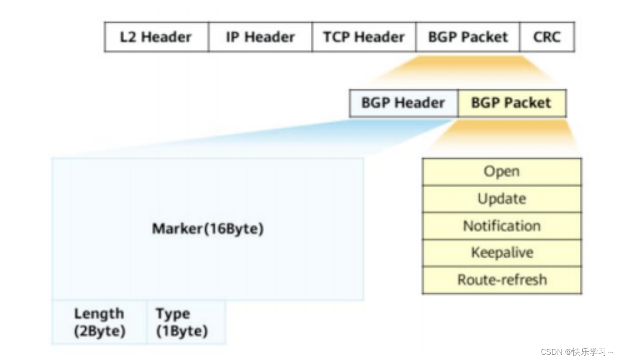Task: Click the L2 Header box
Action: [x=156, y=37]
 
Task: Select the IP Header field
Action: [x=260, y=37]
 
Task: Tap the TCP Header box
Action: [x=364, y=37]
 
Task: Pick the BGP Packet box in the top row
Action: [x=468, y=37]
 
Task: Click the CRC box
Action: [x=547, y=37]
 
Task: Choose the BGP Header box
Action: [x=403, y=103]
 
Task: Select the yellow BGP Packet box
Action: [x=511, y=103]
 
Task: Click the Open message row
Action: [x=501, y=172]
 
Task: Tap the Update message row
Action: [x=501, y=199]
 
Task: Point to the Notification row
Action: [x=501, y=226]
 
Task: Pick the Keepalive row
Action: [x=501, y=253]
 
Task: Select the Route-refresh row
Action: [x=501, y=280]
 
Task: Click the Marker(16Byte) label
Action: [x=207, y=229]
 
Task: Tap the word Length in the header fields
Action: [x=99, y=314]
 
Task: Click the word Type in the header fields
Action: [x=173, y=314]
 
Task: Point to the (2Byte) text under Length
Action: [x=100, y=331]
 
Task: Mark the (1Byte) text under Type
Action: [x=182, y=331]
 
